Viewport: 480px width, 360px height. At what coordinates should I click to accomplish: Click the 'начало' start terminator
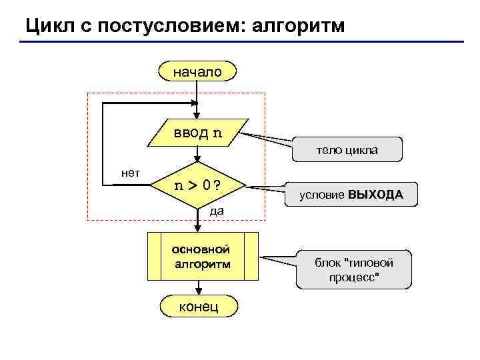point(197,71)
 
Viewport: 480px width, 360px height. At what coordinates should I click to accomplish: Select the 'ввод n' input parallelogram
point(198,133)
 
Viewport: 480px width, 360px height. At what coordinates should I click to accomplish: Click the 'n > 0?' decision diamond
point(198,185)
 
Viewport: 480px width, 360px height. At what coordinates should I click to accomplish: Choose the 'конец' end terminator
point(197,306)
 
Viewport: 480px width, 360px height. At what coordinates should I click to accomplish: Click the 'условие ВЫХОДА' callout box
point(351,195)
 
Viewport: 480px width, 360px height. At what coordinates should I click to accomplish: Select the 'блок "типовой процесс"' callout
point(354,270)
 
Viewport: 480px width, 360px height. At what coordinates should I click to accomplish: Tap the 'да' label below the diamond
point(216,211)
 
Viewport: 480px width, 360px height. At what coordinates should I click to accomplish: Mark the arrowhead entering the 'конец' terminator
point(198,291)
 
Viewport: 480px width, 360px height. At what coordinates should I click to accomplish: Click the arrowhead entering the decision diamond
point(198,158)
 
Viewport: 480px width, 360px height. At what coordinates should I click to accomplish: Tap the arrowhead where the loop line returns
point(195,103)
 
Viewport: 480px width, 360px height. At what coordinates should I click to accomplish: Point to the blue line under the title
point(240,42)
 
